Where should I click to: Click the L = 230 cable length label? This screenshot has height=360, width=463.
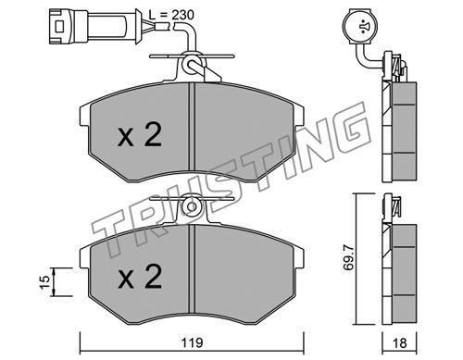(171, 15)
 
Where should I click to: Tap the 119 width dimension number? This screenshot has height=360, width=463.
(192, 342)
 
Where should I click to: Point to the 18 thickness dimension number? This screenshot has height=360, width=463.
(399, 342)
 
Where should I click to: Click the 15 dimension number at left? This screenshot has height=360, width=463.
(44, 282)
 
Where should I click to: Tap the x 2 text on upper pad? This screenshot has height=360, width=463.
(140, 134)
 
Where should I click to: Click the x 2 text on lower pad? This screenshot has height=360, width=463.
(140, 277)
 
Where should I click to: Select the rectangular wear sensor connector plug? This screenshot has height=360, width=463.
(94, 26)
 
